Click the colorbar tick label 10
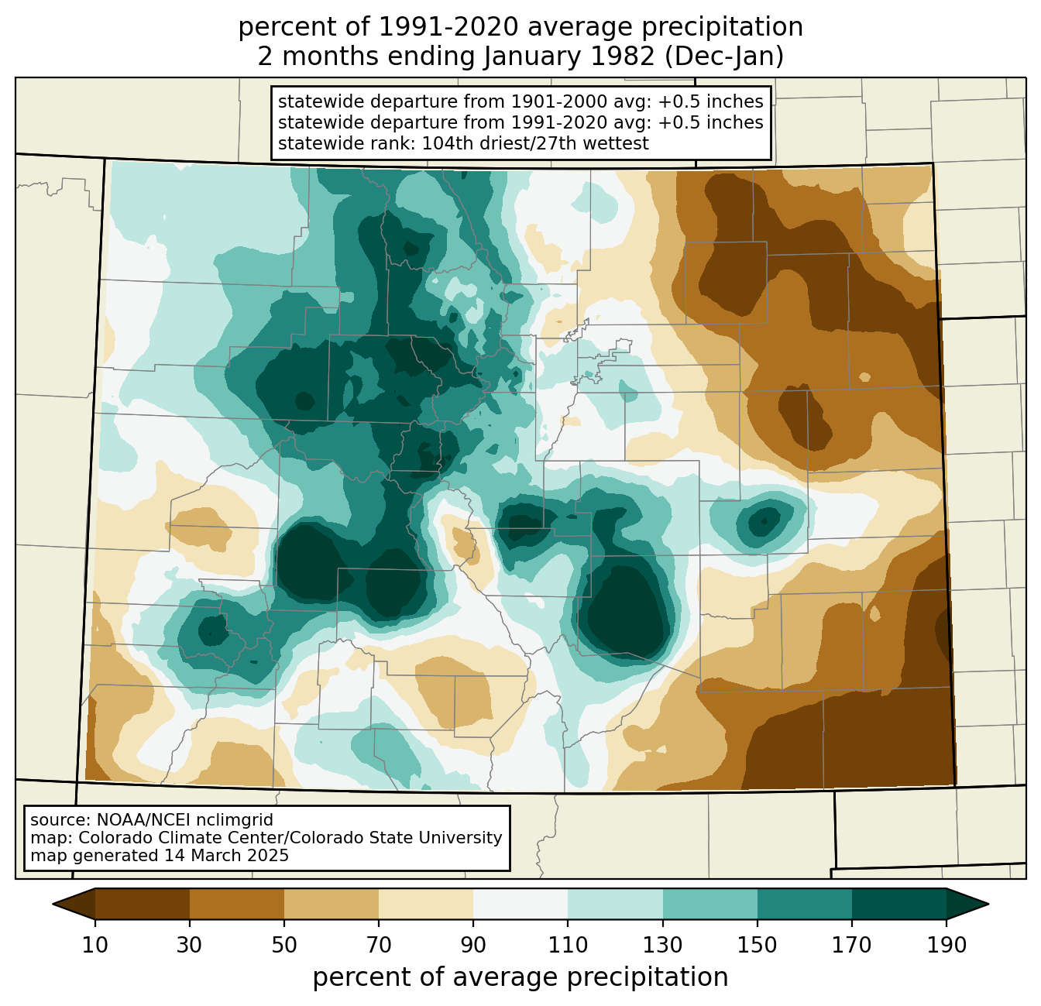point(95,945)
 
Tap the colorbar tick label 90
point(473,945)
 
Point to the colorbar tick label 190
point(947,945)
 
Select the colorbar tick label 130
point(663,945)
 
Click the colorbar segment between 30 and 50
point(237,904)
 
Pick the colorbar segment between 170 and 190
point(899,904)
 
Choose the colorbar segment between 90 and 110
point(520,904)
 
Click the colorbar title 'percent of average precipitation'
point(520,977)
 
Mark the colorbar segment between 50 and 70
point(332,904)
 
